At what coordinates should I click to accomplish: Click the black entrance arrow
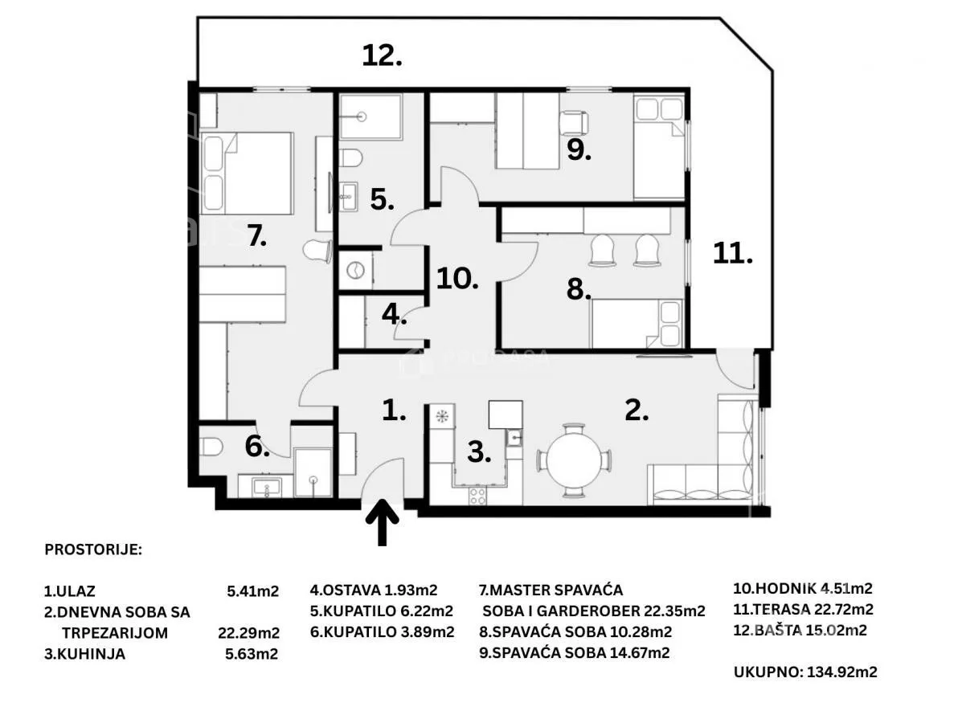click(x=383, y=522)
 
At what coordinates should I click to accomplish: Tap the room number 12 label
click(x=382, y=55)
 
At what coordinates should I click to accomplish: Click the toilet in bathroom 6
click(x=211, y=447)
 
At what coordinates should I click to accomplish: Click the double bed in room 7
click(x=247, y=173)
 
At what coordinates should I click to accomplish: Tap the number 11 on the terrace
click(x=732, y=253)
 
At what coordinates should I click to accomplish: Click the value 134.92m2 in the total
click(x=842, y=672)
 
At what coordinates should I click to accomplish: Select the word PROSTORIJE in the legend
click(x=93, y=549)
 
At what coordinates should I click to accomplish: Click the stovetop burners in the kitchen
click(x=477, y=496)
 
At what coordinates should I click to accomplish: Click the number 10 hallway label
click(x=457, y=279)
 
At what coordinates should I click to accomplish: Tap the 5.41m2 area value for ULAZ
click(x=253, y=591)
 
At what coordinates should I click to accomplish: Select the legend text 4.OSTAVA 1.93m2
click(x=373, y=590)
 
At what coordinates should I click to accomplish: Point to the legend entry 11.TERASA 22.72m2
click(x=804, y=610)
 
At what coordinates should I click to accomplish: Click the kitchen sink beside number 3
click(x=514, y=437)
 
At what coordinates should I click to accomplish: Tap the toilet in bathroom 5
click(x=350, y=157)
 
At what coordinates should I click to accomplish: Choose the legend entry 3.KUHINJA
click(x=84, y=653)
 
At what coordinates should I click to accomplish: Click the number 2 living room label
click(x=636, y=411)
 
